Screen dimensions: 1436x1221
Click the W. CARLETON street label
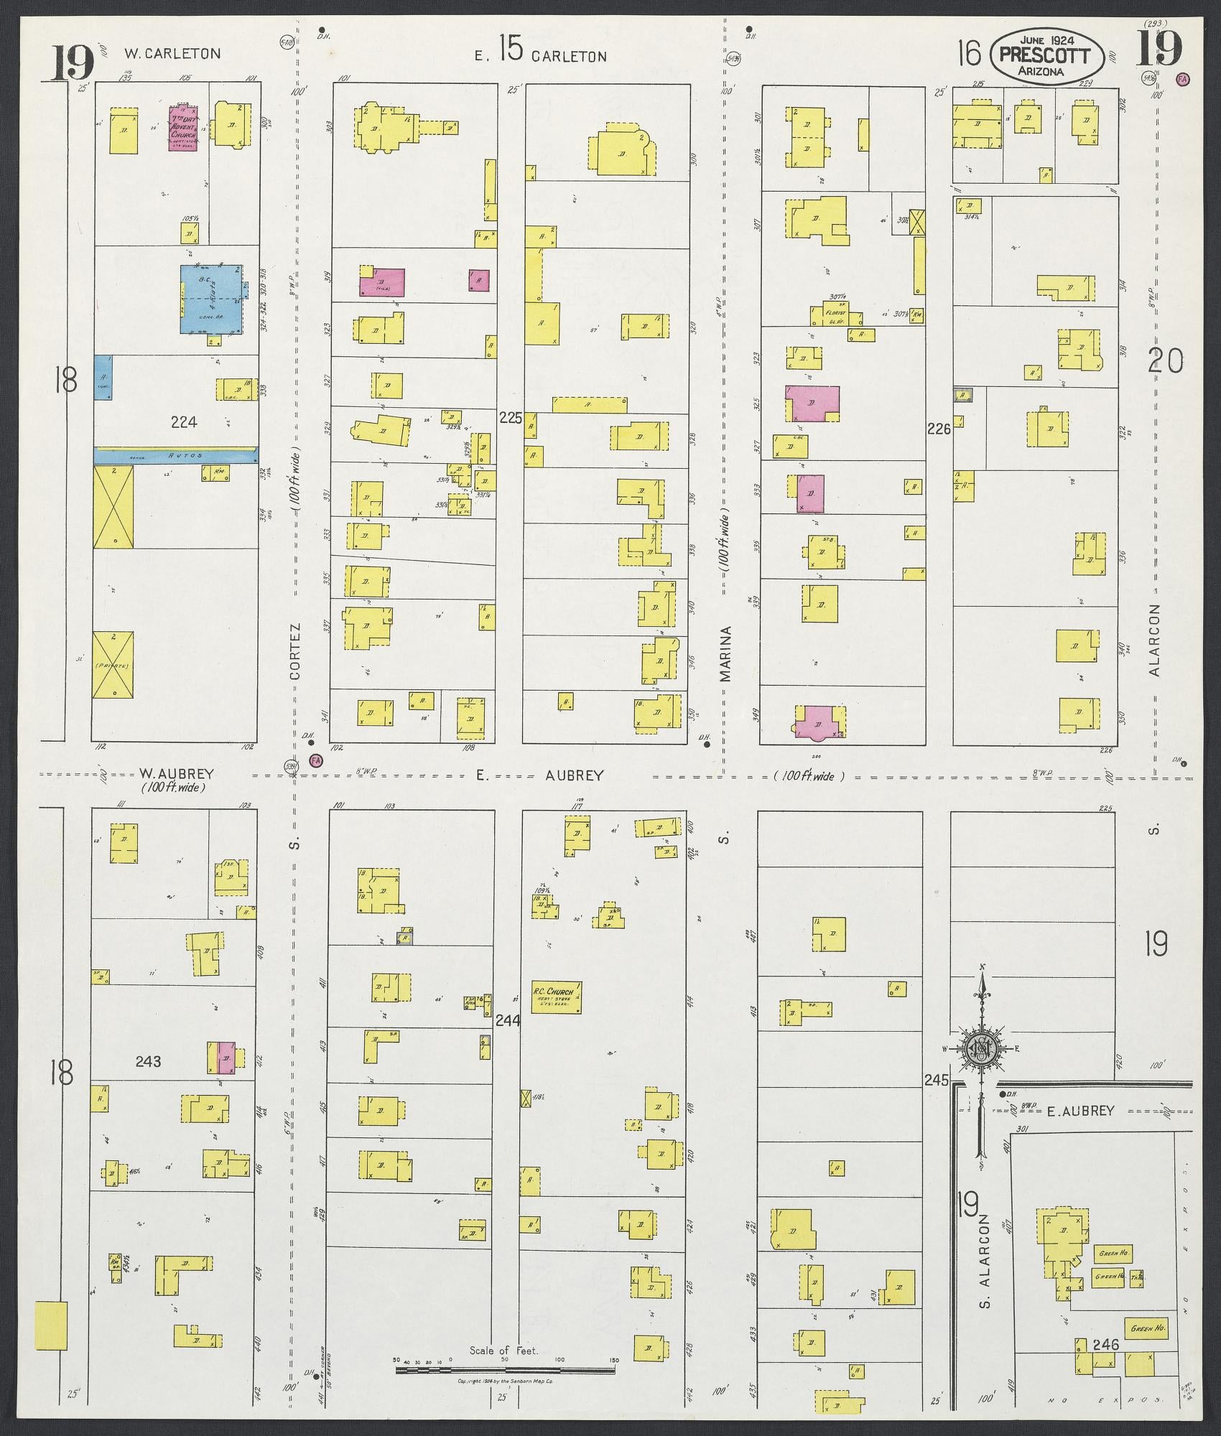(x=172, y=53)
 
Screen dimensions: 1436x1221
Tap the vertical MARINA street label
(x=726, y=654)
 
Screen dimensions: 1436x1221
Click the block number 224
(x=184, y=422)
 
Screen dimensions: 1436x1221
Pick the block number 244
(x=509, y=1020)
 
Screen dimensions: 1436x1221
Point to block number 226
(x=939, y=429)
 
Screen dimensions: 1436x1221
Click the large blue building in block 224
(x=210, y=299)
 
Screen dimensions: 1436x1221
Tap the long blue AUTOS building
(x=175, y=454)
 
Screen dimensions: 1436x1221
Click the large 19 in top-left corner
(x=73, y=62)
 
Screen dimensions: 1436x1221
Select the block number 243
(x=148, y=1061)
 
